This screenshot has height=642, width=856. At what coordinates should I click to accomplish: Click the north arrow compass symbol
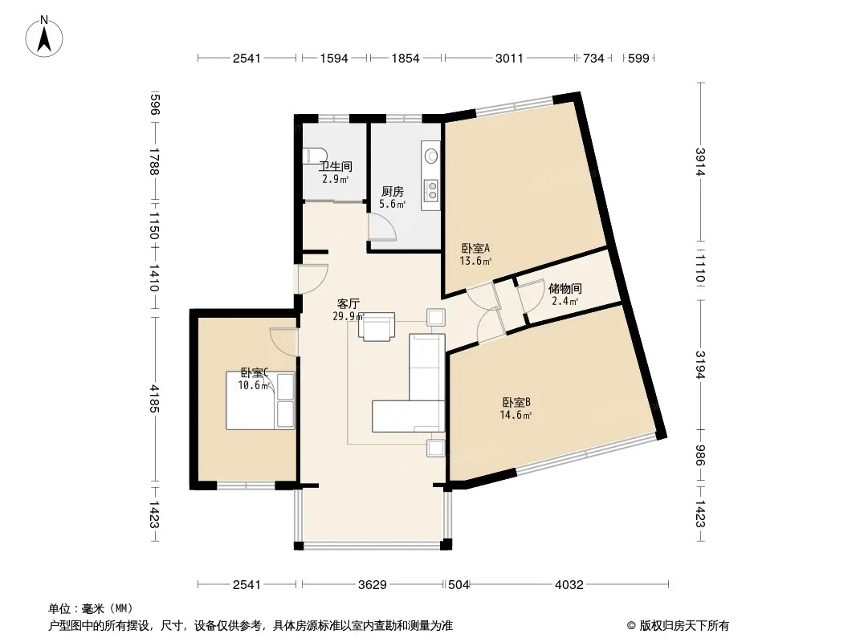[x=44, y=37]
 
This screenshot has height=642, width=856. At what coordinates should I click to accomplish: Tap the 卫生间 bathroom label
[x=336, y=166]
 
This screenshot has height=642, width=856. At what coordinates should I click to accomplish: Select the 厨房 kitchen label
[x=393, y=192]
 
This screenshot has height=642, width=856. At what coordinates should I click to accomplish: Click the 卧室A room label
[x=475, y=248]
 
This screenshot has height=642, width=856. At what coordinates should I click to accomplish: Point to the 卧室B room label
[x=516, y=403]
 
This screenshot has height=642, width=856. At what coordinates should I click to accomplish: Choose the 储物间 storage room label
[x=565, y=288]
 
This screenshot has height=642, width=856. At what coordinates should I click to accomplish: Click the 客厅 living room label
[x=349, y=304]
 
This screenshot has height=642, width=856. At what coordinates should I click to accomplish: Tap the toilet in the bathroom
[x=315, y=156]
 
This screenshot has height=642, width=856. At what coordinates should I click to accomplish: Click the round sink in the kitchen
[x=431, y=156]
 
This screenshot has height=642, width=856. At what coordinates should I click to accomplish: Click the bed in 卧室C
[x=260, y=400]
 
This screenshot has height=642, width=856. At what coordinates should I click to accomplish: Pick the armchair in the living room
[x=377, y=327]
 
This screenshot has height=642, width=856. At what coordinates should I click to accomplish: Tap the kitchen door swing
[x=381, y=226]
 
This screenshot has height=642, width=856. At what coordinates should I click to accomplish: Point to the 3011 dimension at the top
[x=509, y=59]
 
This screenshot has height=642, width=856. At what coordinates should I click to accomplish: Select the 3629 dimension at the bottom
[x=373, y=585]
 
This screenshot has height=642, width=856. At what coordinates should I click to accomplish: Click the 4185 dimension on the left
[x=154, y=399]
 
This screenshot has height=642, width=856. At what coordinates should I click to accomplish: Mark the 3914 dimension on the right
[x=700, y=162]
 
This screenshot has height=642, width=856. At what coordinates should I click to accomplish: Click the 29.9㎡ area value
[x=349, y=316]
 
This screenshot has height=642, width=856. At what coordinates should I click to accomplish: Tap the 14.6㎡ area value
[x=516, y=415]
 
